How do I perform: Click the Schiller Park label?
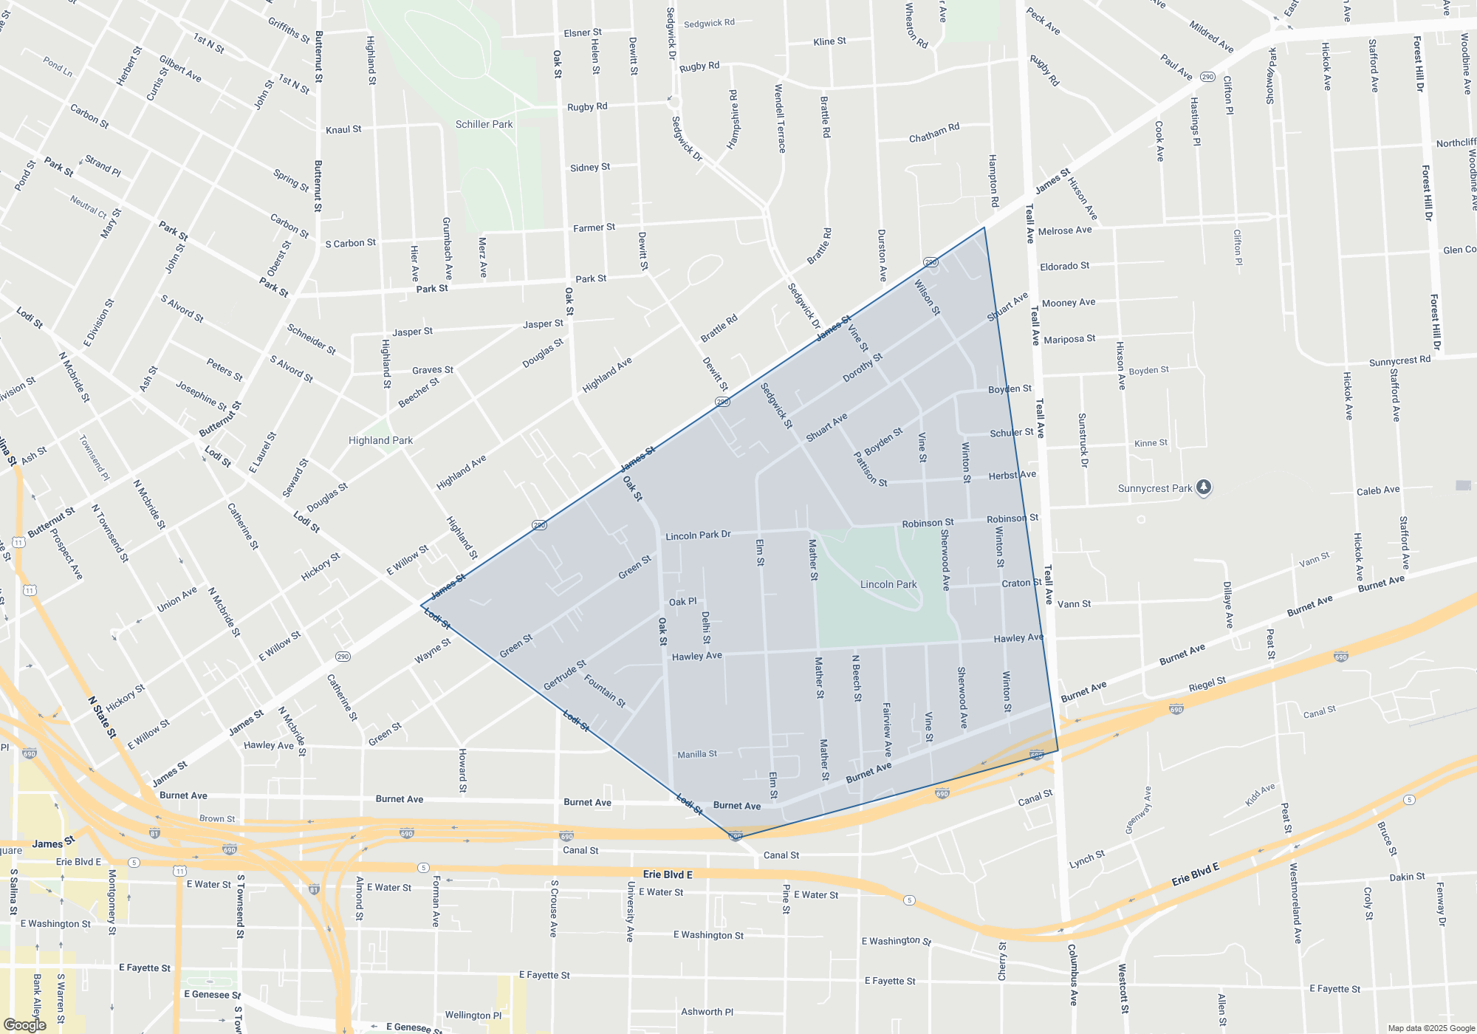(484, 124)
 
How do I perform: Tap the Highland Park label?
(380, 440)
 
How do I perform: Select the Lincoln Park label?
(888, 584)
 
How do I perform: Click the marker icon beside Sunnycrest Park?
(1204, 487)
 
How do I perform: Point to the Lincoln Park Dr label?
(698, 535)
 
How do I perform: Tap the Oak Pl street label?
(682, 602)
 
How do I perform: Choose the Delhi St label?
(706, 628)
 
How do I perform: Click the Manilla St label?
(697, 754)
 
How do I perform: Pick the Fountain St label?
(605, 691)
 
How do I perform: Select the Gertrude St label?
(565, 675)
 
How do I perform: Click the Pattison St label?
(870, 469)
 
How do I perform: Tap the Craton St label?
(1021, 583)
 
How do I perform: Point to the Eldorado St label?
(1064, 266)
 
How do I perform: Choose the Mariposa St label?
(1069, 339)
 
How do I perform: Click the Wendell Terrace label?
(779, 118)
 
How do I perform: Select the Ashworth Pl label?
(707, 1012)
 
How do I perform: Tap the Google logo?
(24, 1025)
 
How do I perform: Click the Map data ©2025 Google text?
(1430, 1028)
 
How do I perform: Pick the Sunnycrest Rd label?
(1399, 361)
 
